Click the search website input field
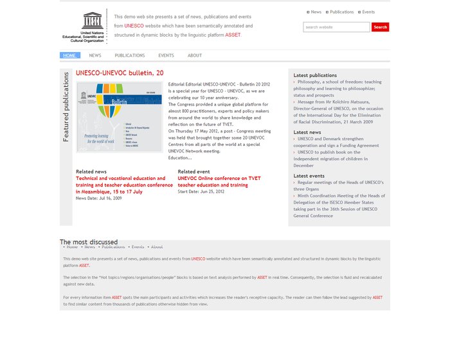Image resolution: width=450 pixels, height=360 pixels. [x=336, y=27]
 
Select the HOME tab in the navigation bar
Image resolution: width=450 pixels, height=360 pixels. [x=69, y=55]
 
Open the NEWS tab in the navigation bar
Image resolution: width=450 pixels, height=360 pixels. [x=95, y=55]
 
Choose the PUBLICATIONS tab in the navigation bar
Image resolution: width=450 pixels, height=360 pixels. [x=130, y=55]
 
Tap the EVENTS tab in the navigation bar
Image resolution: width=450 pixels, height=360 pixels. [x=166, y=55]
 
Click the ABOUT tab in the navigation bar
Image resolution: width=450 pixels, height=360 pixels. [x=195, y=55]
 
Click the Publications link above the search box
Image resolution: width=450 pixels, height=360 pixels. [x=341, y=12]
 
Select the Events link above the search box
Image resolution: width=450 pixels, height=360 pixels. [x=368, y=12]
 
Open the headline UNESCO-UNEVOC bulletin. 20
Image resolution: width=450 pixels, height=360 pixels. [x=120, y=73]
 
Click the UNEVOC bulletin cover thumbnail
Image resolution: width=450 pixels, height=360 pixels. [x=120, y=117]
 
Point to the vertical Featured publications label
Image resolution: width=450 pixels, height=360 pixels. [x=66, y=107]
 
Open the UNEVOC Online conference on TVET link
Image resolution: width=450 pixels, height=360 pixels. [x=219, y=181]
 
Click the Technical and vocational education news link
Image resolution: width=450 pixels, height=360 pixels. [x=124, y=184]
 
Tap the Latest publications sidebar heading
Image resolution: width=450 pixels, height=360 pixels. [x=315, y=75]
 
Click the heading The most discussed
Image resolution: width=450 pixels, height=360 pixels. [x=89, y=242]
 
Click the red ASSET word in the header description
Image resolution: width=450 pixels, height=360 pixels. [x=232, y=35]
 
